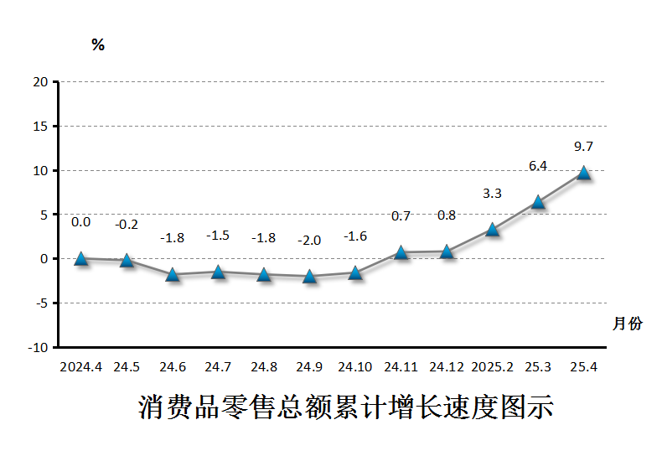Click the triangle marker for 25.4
(x=584, y=173)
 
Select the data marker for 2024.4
(x=81, y=258)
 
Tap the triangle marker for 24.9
(x=310, y=276)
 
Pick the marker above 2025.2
(x=493, y=229)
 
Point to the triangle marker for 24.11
(x=401, y=252)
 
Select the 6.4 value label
(x=538, y=166)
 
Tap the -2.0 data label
(x=309, y=241)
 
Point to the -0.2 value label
(x=127, y=225)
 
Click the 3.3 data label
(x=493, y=194)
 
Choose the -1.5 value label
(x=218, y=236)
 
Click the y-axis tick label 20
(x=40, y=82)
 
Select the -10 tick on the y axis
(x=39, y=347)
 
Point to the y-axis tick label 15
(x=40, y=127)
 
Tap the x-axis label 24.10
(x=355, y=367)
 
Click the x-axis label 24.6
(x=173, y=367)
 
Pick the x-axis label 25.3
(x=538, y=367)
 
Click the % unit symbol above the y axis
(x=98, y=45)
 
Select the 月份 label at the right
(x=628, y=324)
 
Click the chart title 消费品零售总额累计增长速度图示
(x=346, y=408)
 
